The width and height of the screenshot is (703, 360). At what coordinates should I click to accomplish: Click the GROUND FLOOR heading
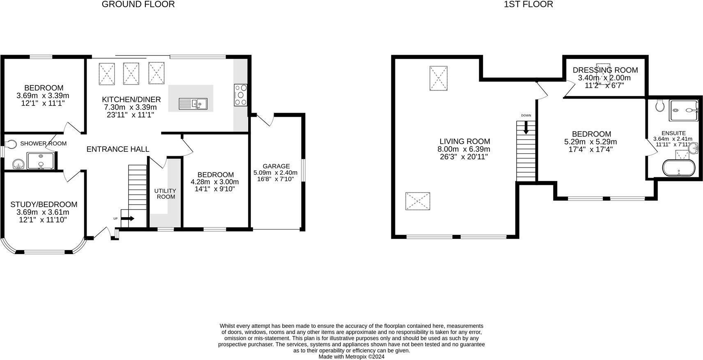point(138,5)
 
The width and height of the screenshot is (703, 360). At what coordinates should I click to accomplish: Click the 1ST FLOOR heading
point(528,5)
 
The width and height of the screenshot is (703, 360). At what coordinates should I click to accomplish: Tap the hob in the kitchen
point(241,95)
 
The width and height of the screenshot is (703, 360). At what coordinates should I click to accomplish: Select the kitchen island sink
point(193,104)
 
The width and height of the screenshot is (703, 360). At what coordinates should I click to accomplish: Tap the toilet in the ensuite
point(660,105)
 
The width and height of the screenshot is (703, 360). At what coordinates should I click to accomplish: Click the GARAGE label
point(276,166)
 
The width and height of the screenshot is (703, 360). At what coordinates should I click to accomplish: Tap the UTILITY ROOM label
point(165,193)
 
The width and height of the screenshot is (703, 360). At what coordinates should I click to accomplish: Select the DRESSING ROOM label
point(605,70)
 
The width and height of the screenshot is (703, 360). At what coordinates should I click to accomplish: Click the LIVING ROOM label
point(465,142)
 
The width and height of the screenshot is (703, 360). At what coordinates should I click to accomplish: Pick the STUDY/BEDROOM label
point(44,204)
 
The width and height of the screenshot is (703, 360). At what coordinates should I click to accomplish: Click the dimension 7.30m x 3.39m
point(131,107)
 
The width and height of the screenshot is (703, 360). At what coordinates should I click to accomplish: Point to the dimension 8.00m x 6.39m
point(464,149)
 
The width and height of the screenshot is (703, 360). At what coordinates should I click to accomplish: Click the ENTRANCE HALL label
point(118,149)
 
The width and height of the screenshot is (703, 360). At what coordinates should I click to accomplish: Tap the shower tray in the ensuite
point(683,110)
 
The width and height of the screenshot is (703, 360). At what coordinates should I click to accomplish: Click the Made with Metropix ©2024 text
point(351,357)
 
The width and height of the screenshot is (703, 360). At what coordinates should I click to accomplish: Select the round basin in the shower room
point(18,164)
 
